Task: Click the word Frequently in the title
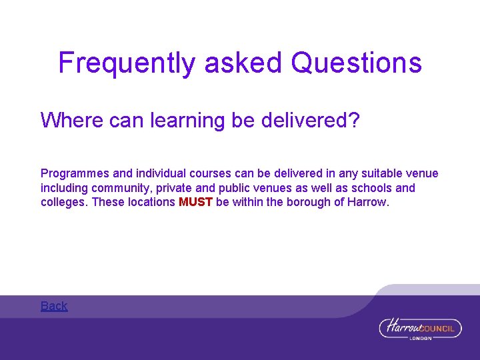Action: tap(127, 63)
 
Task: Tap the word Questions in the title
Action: tap(357, 63)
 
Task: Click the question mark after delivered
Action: tap(353, 121)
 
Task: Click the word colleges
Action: tap(63, 202)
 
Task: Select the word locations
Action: tap(151, 202)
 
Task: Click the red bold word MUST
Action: tap(196, 202)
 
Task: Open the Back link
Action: tap(54, 306)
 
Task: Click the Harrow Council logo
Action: tap(420, 329)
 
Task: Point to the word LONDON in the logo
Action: tap(420, 338)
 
